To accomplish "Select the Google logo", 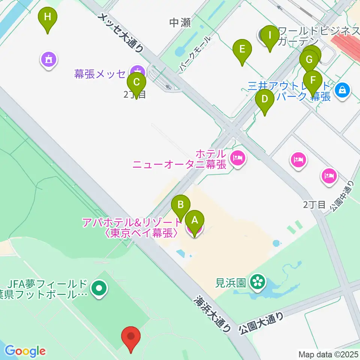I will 25,351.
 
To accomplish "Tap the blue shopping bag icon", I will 342,90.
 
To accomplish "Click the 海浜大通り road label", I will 212,314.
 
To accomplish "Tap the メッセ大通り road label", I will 121,32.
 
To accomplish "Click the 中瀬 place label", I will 180,23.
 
